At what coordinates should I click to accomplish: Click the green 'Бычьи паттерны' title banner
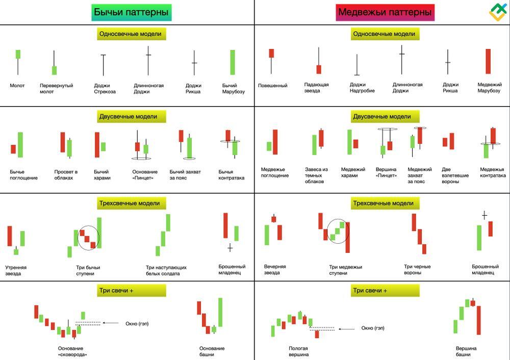pyautogui.click(x=132, y=12)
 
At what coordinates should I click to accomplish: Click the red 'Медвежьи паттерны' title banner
pyautogui.click(x=385, y=12)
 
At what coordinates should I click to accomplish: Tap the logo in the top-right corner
pyautogui.click(x=498, y=12)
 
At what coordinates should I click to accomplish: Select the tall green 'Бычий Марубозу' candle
pyautogui.click(x=233, y=62)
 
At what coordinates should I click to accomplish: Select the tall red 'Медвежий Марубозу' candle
pyautogui.click(x=488, y=61)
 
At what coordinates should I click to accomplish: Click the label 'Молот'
pyautogui.click(x=17, y=86)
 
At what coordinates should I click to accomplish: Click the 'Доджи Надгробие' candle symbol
pyautogui.click(x=357, y=65)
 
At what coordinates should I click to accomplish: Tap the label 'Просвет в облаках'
pyautogui.click(x=66, y=174)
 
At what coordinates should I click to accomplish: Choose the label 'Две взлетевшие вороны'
pyautogui.click(x=455, y=175)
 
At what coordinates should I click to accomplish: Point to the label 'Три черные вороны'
pyautogui.click(x=417, y=269)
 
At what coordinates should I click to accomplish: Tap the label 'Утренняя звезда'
pyautogui.click(x=16, y=270)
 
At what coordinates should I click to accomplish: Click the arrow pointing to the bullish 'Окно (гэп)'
pyautogui.click(x=111, y=323)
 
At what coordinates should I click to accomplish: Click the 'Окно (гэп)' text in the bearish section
pyautogui.click(x=373, y=328)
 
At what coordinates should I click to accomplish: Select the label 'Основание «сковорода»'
pyautogui.click(x=72, y=351)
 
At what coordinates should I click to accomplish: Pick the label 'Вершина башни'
pyautogui.click(x=466, y=351)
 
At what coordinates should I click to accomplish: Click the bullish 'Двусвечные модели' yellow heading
pyautogui.click(x=132, y=116)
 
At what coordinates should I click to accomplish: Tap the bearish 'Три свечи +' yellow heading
pyautogui.click(x=385, y=291)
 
